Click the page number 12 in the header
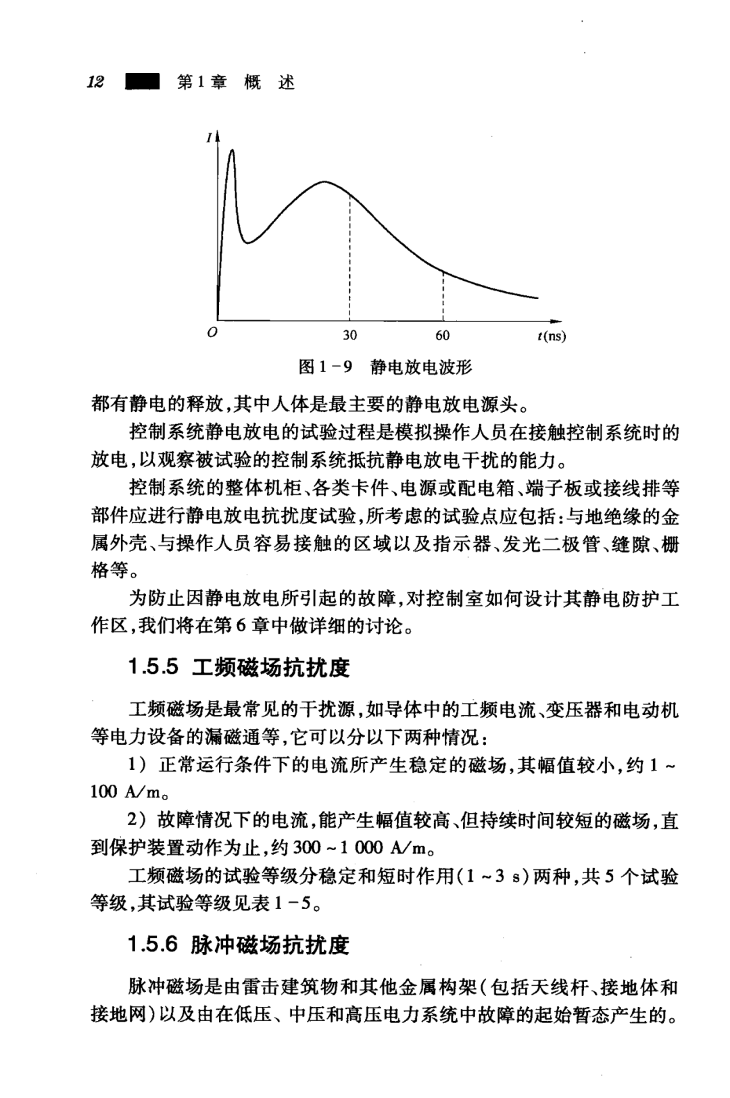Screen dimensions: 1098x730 pos(96,82)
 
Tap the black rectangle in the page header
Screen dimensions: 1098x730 pos(141,82)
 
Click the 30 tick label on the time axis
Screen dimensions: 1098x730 pos(349,335)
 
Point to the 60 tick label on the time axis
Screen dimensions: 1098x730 pos(442,335)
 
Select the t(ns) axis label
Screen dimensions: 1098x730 pos(552,336)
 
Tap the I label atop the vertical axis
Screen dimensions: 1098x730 pos(210,138)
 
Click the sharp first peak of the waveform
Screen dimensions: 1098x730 pos(232,151)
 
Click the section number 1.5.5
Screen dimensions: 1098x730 pos(153,667)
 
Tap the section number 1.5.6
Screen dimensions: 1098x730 pos(153,944)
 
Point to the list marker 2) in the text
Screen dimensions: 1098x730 pos(137,820)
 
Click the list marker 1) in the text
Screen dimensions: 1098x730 pos(137,765)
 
